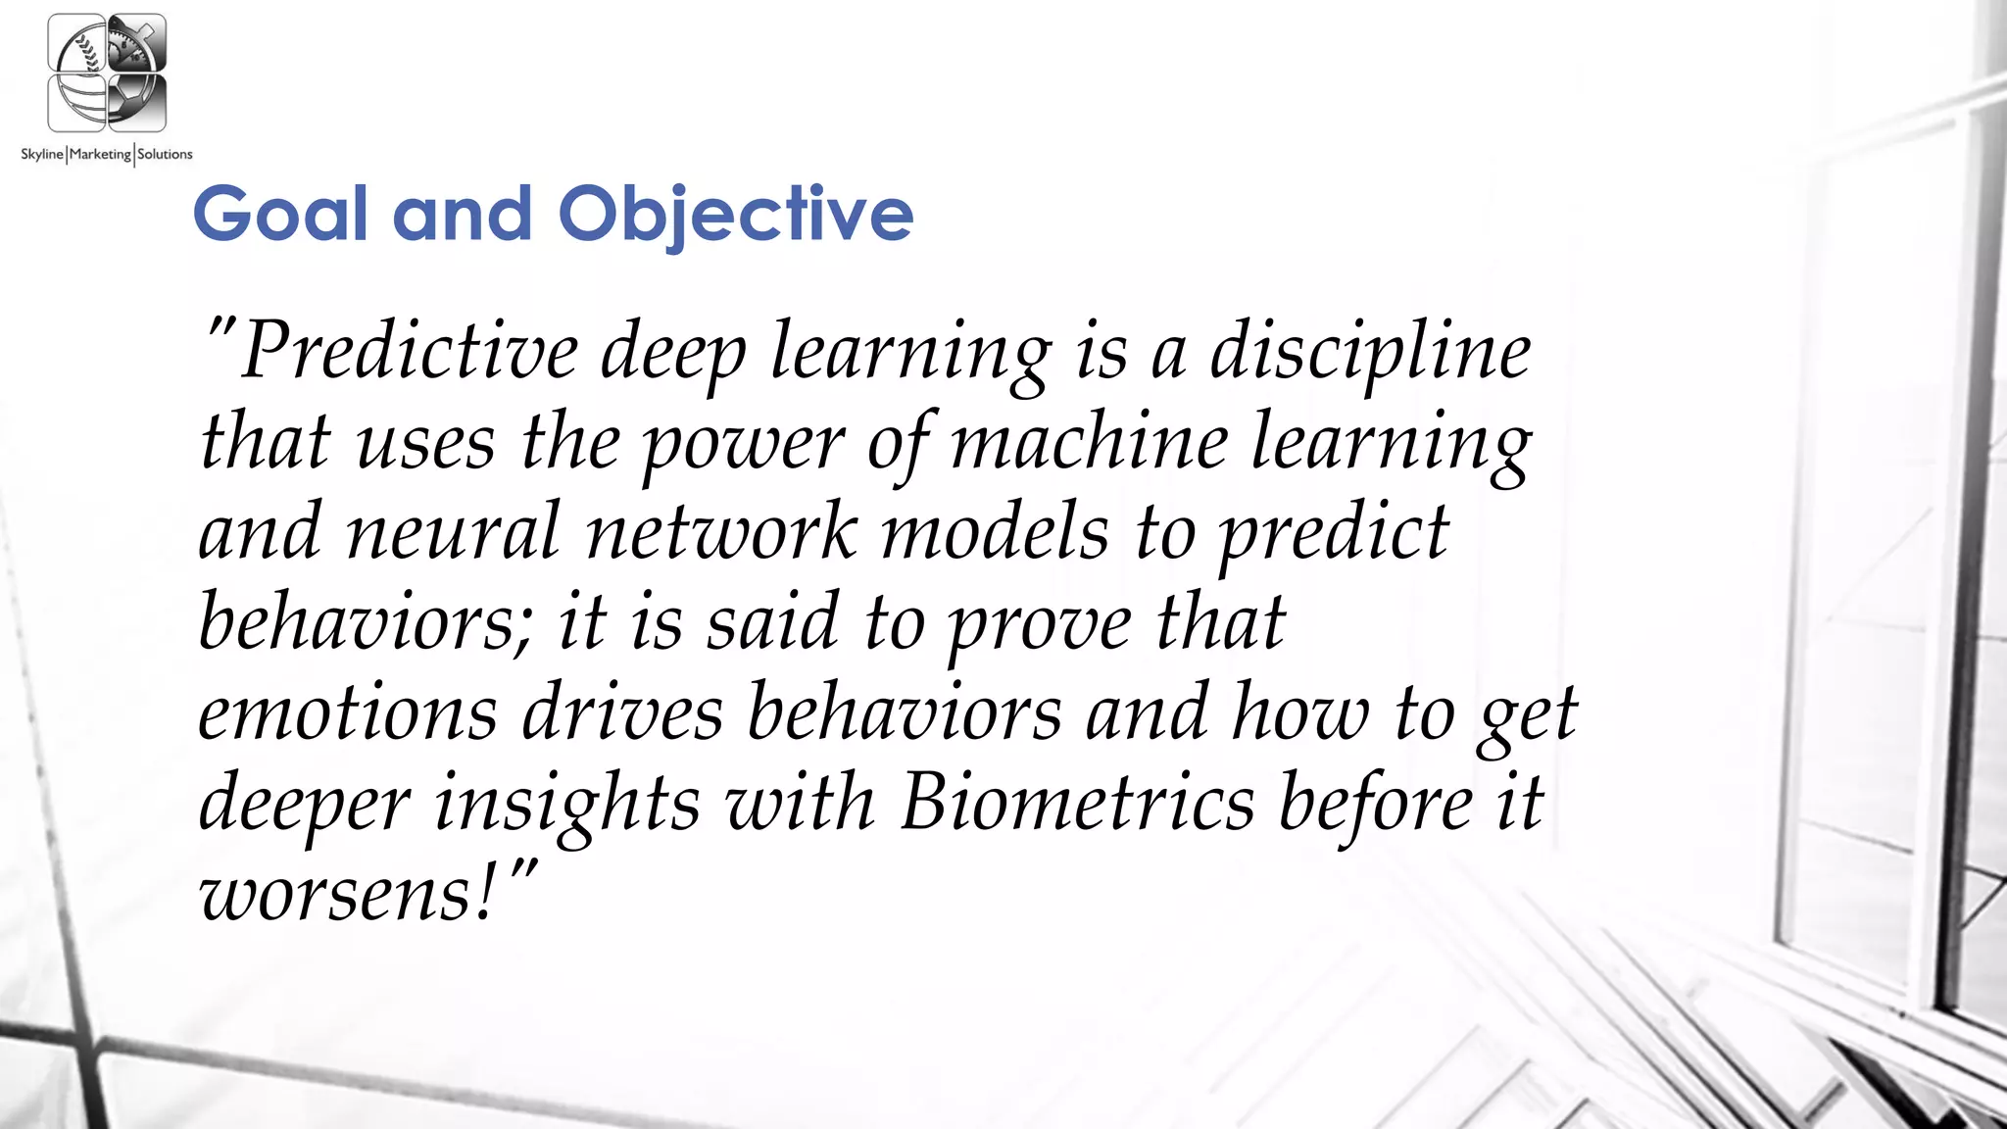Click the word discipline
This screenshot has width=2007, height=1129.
point(1369,351)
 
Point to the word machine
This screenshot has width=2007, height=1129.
point(1089,441)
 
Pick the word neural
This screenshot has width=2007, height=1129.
point(454,532)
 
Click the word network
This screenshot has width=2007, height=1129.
point(721,532)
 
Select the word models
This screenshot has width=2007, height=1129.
point(995,532)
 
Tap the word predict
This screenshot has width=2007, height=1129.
point(1333,532)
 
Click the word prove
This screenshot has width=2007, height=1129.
point(1040,623)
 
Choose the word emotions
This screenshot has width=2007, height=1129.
point(348,713)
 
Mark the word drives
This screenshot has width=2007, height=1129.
point(622,713)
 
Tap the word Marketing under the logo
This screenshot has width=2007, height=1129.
point(100,154)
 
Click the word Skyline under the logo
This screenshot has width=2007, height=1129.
point(42,154)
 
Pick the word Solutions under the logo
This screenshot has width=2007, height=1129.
point(165,154)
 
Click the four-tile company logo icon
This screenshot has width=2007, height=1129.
point(107,74)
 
